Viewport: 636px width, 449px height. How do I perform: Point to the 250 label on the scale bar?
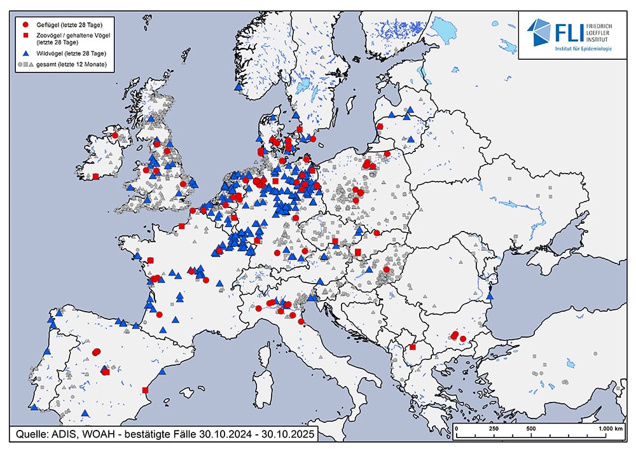(x=493, y=429)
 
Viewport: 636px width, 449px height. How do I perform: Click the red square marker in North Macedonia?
(x=412, y=347)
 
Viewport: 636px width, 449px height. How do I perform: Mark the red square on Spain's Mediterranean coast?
(x=145, y=390)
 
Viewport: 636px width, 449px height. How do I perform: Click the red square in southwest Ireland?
(x=95, y=177)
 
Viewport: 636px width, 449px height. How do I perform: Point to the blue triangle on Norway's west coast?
(x=237, y=87)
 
